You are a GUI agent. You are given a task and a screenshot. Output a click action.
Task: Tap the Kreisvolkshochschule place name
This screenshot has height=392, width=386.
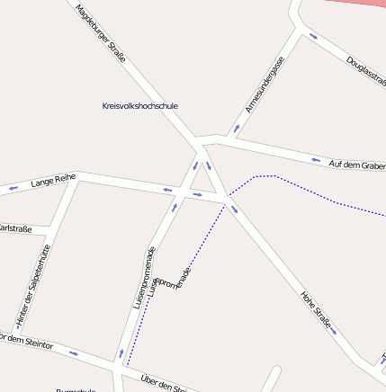click(140, 105)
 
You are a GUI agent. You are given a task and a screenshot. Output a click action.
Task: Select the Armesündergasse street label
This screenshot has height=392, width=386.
click(265, 84)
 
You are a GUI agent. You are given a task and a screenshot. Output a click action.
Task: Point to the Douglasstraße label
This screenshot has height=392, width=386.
click(365, 71)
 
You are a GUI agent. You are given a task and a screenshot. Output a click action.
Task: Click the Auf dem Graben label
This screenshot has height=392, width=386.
click(356, 165)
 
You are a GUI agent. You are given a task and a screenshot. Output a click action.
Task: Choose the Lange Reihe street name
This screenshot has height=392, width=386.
click(53, 182)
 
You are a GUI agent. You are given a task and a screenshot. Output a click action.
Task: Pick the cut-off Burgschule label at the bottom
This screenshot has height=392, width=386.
click(76, 389)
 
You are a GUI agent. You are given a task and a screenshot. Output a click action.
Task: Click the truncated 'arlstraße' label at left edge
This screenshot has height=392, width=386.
click(15, 228)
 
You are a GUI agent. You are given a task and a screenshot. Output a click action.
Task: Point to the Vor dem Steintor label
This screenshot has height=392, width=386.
click(27, 343)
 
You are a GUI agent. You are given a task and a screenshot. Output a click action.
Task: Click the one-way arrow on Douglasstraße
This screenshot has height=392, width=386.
click(313, 36)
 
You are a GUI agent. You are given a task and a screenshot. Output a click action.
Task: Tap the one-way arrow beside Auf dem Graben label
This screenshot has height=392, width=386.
click(316, 160)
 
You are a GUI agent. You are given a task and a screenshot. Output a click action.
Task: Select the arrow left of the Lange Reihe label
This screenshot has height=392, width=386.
click(13, 188)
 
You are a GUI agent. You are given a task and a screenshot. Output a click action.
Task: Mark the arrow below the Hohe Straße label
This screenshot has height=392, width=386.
click(335, 330)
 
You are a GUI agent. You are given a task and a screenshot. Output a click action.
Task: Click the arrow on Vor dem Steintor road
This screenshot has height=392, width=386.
click(73, 352)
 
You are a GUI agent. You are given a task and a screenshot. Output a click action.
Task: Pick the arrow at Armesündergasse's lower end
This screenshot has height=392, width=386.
click(237, 128)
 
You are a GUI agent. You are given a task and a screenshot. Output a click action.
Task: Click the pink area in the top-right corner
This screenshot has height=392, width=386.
click(360, 4)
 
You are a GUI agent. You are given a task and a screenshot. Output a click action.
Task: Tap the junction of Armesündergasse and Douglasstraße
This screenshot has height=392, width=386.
click(301, 28)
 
